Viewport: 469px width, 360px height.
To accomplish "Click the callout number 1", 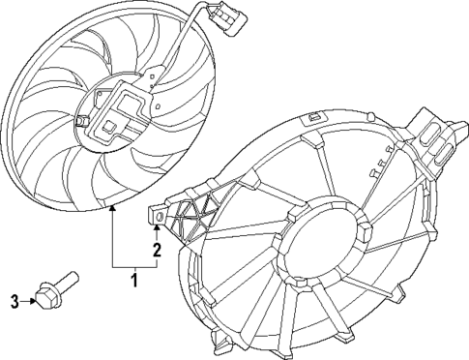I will point(134,282).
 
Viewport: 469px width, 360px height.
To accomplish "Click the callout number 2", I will point(155,252).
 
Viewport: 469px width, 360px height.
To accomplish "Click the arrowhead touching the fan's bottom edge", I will point(112,210).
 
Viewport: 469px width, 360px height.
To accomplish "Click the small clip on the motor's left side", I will point(83,121).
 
